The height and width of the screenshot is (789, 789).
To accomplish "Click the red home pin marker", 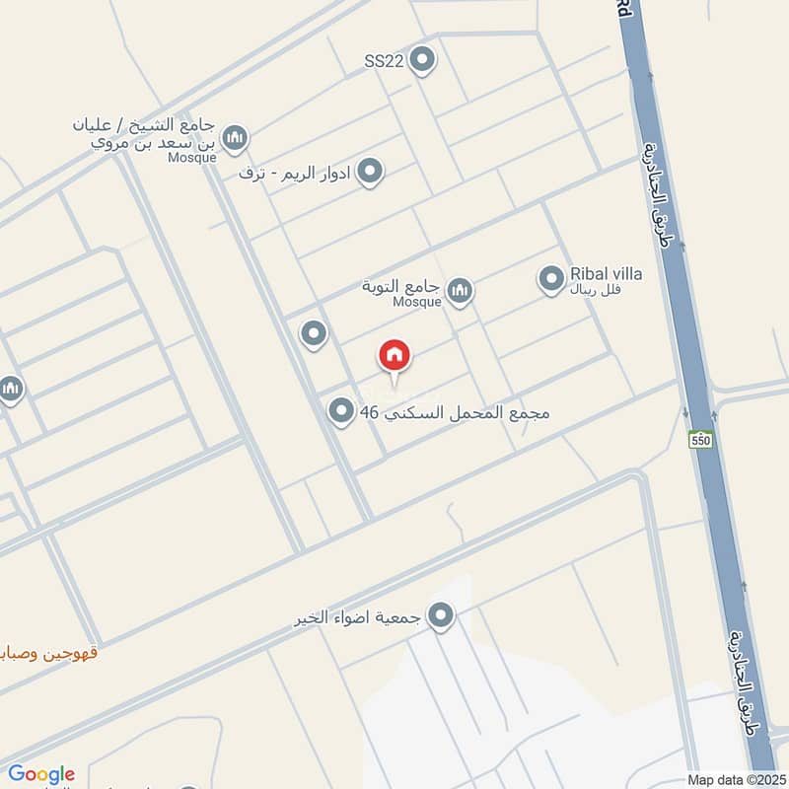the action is tap(394, 356).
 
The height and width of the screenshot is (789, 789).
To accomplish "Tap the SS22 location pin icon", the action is tap(422, 60).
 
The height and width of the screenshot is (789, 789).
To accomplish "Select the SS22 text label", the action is tap(384, 61).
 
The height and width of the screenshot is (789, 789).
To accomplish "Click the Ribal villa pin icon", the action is tap(551, 279).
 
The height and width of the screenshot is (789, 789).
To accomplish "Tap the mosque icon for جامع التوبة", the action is tap(459, 290).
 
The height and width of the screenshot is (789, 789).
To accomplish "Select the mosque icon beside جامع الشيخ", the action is tap(234, 138).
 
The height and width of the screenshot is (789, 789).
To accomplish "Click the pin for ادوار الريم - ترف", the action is tap(370, 173).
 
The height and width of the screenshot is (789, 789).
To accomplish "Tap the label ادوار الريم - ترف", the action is tap(295, 173).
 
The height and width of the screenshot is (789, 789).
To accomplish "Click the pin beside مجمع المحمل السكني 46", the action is tap(341, 411).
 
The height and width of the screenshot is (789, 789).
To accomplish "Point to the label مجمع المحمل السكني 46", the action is tap(455, 412).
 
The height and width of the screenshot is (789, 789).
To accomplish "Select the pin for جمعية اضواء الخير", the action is tap(441, 617).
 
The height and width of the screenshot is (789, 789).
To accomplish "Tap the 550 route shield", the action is tap(700, 439).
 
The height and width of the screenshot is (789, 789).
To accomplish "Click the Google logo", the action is tap(41, 774).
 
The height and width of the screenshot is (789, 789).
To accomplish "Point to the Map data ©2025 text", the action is tap(735, 780).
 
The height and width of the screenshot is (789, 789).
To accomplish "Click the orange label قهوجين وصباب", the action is tap(49, 652).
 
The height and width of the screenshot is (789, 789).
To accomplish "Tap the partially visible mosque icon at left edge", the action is tap(10, 390).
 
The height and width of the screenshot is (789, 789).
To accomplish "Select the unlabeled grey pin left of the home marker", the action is tap(314, 334).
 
